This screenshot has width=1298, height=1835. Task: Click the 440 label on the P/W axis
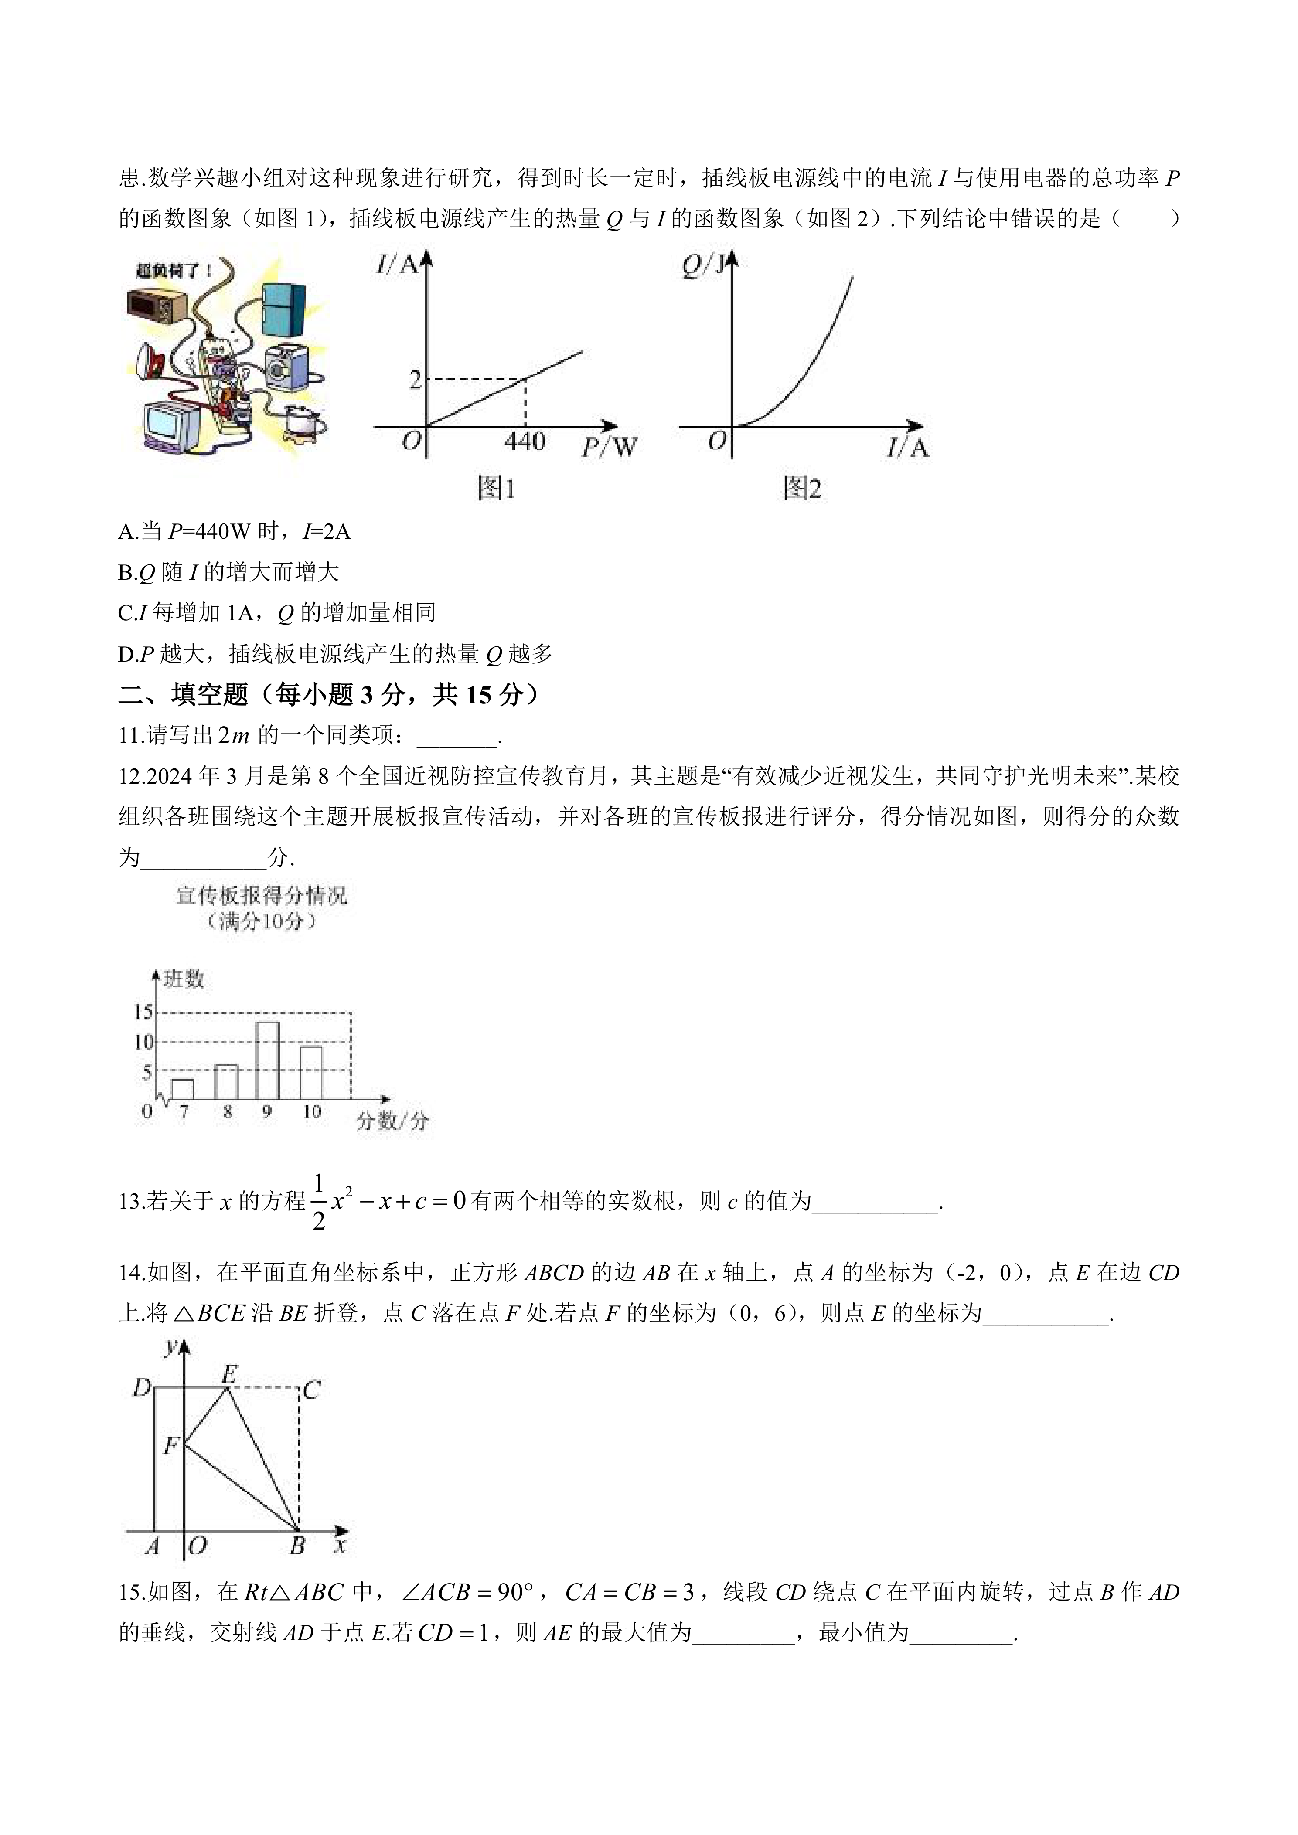tap(525, 441)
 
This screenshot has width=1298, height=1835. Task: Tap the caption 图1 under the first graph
tap(496, 488)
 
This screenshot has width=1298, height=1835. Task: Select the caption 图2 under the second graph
tap(802, 488)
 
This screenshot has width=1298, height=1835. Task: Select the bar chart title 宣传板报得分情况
tap(261, 895)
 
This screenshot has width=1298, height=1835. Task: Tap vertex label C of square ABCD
tap(312, 1391)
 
